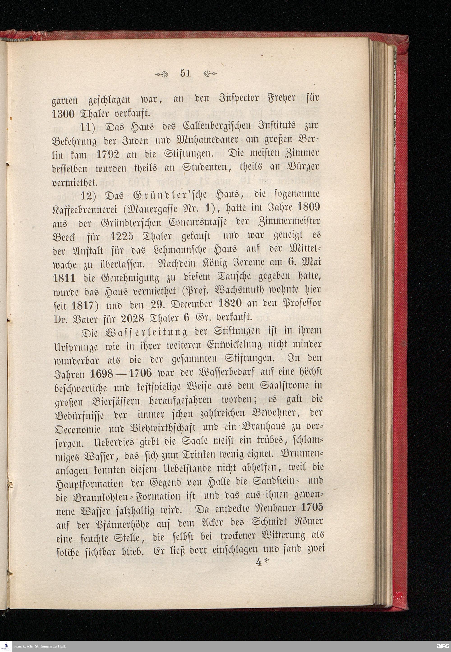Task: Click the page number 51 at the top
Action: click(x=185, y=73)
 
